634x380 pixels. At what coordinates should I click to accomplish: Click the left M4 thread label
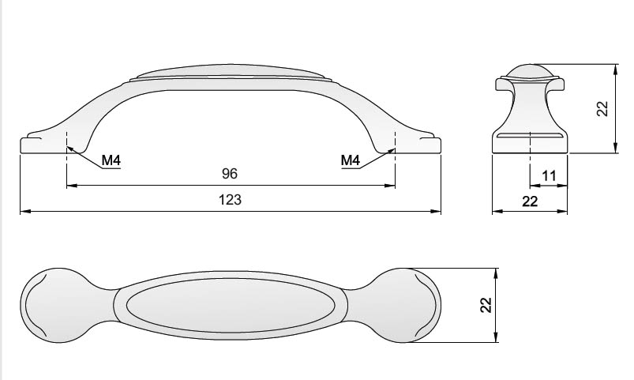(111, 160)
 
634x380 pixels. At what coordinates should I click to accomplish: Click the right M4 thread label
(350, 160)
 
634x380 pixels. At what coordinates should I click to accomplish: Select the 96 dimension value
(229, 174)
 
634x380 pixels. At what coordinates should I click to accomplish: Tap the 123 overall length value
(230, 200)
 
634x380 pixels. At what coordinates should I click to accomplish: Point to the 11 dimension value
(549, 176)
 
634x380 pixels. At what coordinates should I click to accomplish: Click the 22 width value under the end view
(530, 201)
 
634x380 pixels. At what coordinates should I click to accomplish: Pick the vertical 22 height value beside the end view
(602, 108)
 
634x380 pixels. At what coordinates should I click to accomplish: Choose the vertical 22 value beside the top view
(486, 305)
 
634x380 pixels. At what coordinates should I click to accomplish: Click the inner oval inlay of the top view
(231, 306)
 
